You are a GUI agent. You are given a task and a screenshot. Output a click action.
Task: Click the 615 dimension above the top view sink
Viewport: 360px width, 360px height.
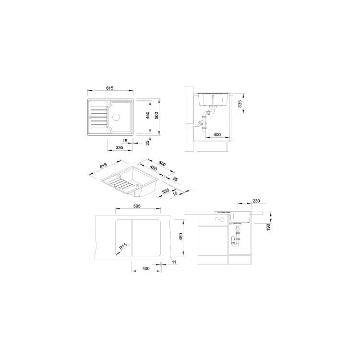tap(110, 88)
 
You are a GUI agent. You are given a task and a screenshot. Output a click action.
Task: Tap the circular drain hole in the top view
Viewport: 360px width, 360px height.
tap(116, 117)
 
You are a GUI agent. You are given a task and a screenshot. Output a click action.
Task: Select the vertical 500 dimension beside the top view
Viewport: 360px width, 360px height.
tap(157, 116)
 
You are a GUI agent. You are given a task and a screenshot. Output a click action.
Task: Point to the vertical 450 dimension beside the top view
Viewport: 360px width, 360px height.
tap(148, 115)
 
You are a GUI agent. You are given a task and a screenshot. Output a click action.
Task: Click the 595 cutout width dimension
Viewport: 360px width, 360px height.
tap(137, 206)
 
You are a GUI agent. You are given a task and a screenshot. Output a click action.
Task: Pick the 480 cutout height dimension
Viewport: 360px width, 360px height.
tap(180, 237)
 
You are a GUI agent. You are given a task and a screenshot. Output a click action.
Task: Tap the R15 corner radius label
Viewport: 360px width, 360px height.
tap(123, 247)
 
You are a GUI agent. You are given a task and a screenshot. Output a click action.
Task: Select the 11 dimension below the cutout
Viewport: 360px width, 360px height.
tap(174, 262)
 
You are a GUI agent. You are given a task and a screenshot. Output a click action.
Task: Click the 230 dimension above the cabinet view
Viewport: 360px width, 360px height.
tap(256, 201)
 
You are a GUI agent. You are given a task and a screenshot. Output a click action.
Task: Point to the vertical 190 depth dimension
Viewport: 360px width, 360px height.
tap(268, 228)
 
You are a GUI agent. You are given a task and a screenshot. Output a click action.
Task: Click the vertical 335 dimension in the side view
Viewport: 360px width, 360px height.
tap(240, 104)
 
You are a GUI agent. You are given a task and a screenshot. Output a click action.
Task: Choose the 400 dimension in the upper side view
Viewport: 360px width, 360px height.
tap(217, 134)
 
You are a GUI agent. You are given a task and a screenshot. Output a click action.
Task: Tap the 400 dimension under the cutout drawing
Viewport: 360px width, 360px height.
tap(146, 268)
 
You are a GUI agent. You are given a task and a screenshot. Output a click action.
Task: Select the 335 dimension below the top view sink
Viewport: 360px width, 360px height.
tap(120, 147)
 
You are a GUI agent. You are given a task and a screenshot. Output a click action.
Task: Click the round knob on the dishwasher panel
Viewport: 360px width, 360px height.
tap(222, 219)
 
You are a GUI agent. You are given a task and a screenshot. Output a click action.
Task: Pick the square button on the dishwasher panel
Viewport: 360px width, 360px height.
tap(217, 219)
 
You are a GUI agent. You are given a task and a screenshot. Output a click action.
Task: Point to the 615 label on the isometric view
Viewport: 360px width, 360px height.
tap(104, 166)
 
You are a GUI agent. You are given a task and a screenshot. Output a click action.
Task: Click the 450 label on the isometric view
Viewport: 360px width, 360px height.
tap(154, 168)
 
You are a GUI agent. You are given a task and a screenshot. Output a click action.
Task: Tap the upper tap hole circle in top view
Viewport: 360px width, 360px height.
tap(109, 103)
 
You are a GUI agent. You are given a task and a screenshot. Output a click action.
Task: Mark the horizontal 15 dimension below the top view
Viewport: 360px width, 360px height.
tap(125, 141)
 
